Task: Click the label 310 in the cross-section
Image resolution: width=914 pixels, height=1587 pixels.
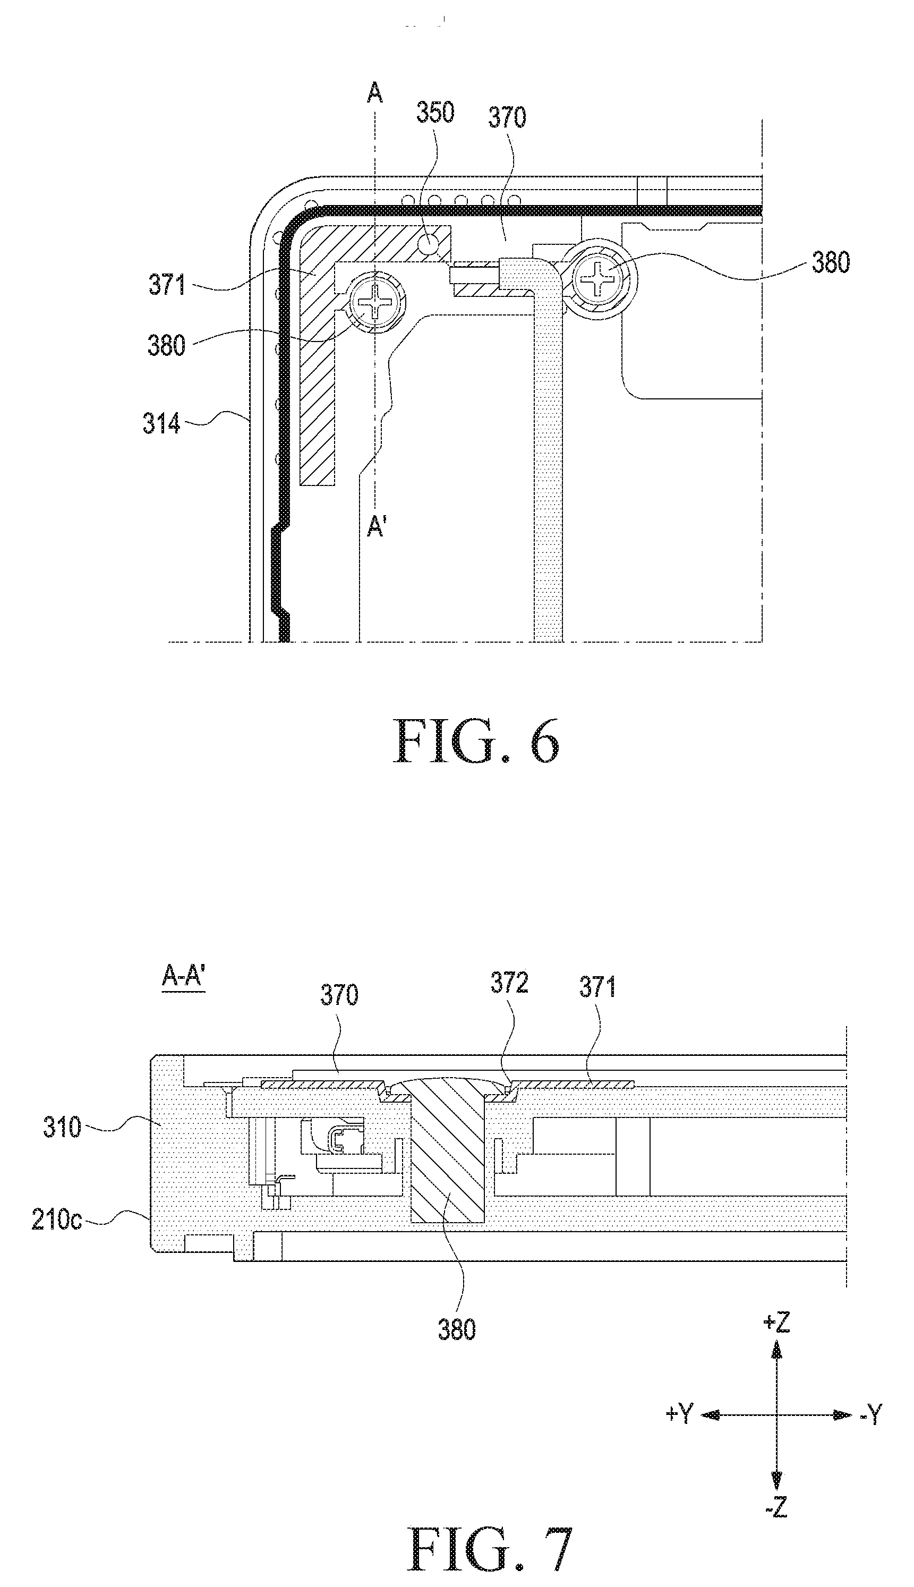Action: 62,1128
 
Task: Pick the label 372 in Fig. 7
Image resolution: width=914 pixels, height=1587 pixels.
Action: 509,983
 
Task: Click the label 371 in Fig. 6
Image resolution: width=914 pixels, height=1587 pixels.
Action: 167,285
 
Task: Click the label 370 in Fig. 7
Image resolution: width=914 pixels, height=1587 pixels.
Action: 339,995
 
